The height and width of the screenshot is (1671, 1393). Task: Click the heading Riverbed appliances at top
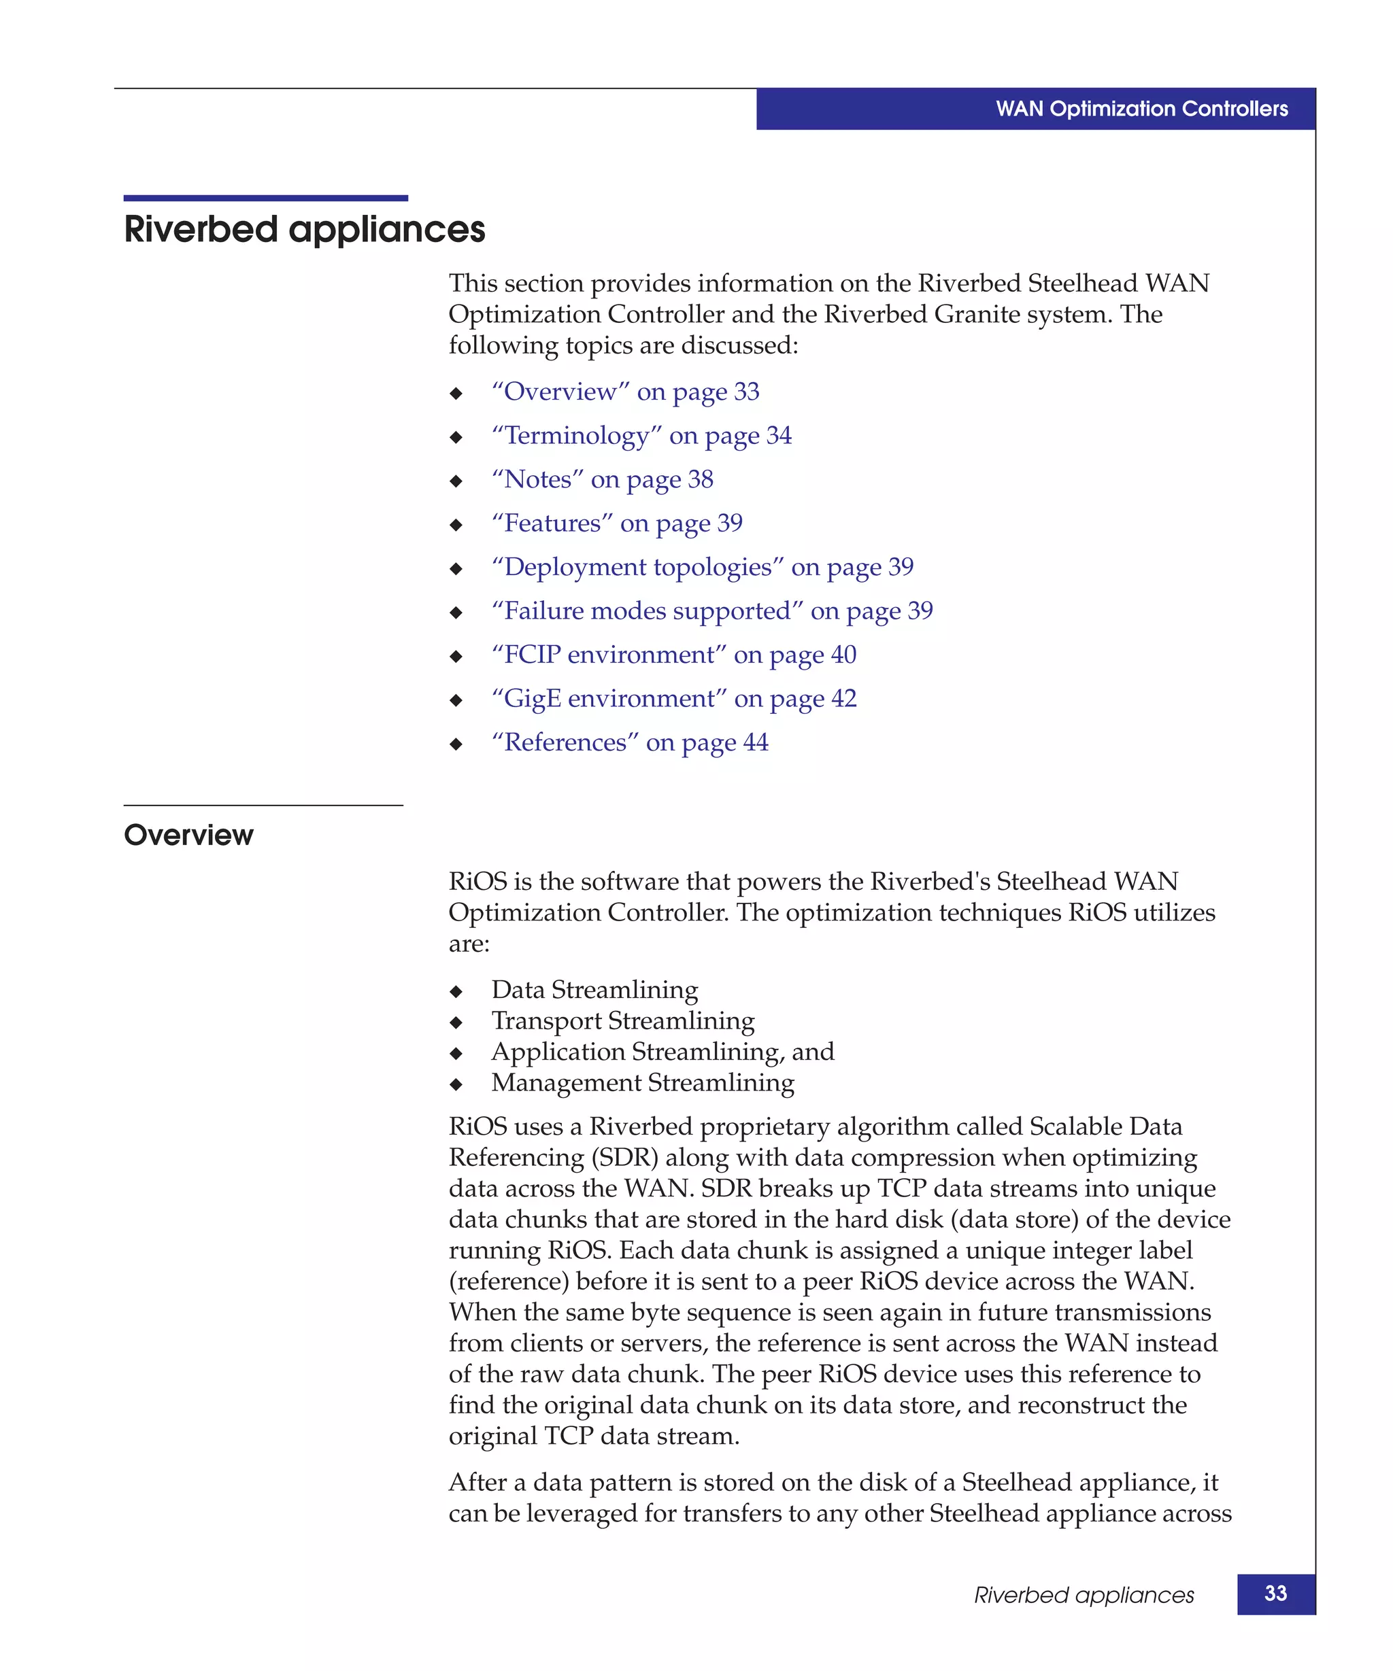(304, 229)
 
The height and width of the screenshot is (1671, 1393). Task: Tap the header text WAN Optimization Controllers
(1141, 109)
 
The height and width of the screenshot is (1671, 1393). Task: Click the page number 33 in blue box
(1275, 1593)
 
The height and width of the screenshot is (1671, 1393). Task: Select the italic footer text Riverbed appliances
(1084, 1595)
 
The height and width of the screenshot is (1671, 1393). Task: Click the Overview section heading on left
(188, 835)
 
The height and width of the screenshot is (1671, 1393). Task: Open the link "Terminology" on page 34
(641, 435)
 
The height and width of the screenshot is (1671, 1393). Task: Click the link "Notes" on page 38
(602, 479)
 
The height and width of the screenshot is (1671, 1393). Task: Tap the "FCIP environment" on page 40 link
(673, 654)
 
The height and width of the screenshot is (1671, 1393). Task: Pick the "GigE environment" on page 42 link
(673, 698)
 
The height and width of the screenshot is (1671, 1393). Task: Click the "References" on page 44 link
(630, 742)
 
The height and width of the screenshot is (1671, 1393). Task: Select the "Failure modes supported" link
(711, 610)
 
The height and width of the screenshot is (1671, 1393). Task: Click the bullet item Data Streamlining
(594, 989)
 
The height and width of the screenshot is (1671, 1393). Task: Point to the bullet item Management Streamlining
(642, 1082)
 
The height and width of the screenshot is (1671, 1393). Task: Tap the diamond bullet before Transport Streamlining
(456, 1022)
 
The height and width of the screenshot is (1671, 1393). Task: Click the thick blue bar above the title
(266, 198)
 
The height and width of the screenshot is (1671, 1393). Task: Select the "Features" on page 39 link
(617, 523)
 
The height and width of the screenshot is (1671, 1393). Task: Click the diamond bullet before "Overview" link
(456, 393)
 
